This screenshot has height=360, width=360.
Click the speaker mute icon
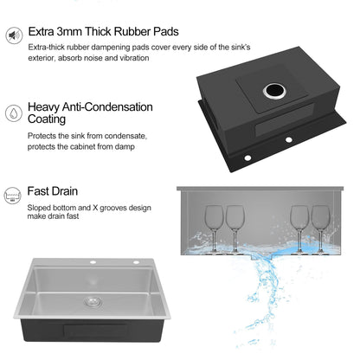pyautogui.click(x=14, y=35)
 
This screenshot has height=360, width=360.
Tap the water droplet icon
pyautogui.click(x=14, y=112)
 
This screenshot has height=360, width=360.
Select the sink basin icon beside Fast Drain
pyautogui.click(x=12, y=196)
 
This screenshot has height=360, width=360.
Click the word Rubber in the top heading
pyautogui.click(x=132, y=31)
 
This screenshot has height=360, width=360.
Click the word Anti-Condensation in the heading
pyautogui.click(x=107, y=107)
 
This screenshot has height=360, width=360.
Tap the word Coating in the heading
pyautogui.click(x=47, y=119)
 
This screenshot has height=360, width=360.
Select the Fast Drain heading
pyautogui.click(x=53, y=191)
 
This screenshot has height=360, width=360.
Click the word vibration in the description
pyautogui.click(x=134, y=58)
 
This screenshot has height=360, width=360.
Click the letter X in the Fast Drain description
pyautogui.click(x=95, y=208)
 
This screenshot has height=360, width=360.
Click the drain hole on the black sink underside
pyautogui.click(x=274, y=91)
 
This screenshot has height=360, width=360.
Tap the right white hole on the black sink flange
pyautogui.click(x=288, y=140)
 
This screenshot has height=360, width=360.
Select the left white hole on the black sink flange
pyautogui.click(x=247, y=157)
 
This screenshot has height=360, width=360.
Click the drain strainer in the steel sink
pyautogui.click(x=92, y=302)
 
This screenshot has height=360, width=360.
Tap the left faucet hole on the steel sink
pyautogui.click(x=93, y=262)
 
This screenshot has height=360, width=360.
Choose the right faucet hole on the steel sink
pyautogui.click(x=136, y=262)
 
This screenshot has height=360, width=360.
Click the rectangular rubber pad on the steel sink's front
pyautogui.click(x=95, y=331)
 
